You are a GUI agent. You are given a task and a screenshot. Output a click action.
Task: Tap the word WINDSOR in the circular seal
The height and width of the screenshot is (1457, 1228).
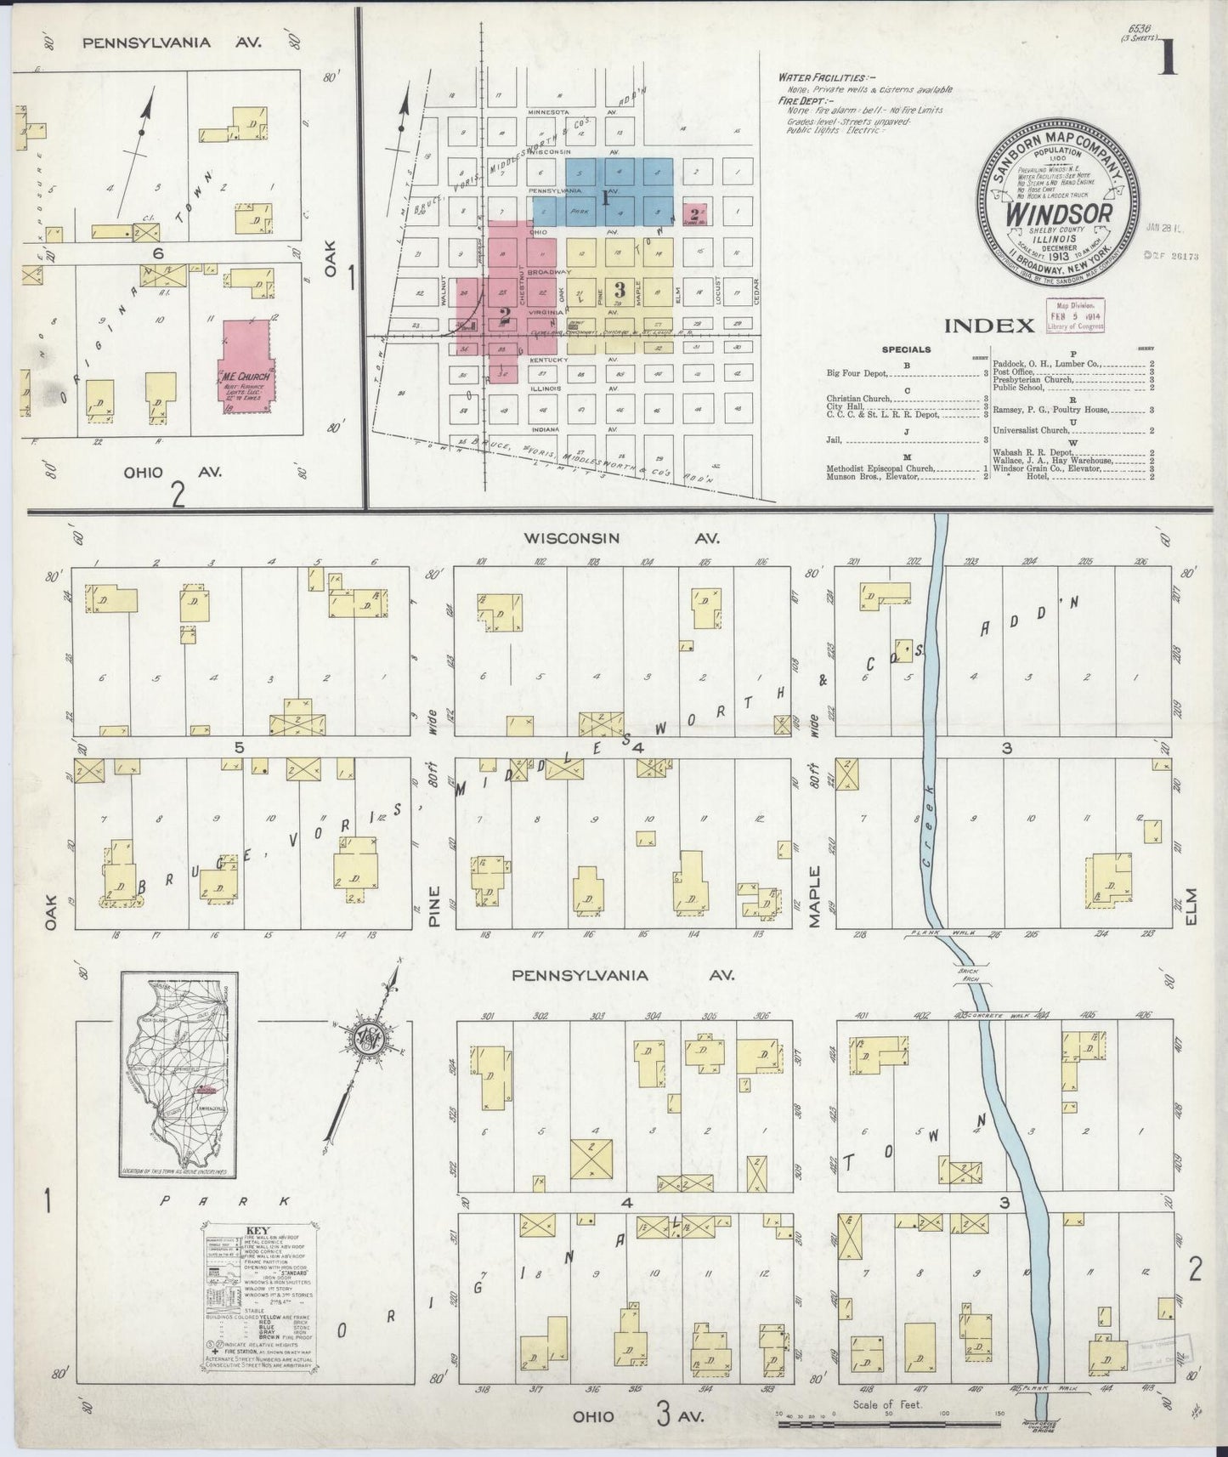point(1058,213)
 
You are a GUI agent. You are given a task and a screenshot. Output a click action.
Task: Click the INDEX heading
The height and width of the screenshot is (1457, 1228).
point(989,325)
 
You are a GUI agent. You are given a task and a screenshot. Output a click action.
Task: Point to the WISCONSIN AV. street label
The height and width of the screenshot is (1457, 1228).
point(621,538)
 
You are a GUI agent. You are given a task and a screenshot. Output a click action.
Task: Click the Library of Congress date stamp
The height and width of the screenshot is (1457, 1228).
point(1074,315)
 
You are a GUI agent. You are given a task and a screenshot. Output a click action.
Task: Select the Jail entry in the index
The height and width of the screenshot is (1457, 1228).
point(833,439)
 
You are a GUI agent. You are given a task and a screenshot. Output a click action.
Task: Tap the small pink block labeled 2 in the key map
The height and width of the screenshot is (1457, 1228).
point(696,214)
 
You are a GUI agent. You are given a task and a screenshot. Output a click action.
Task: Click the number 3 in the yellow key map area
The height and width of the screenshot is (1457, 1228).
point(620,289)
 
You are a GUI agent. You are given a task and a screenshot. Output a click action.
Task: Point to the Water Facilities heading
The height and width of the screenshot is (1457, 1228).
point(822,77)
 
